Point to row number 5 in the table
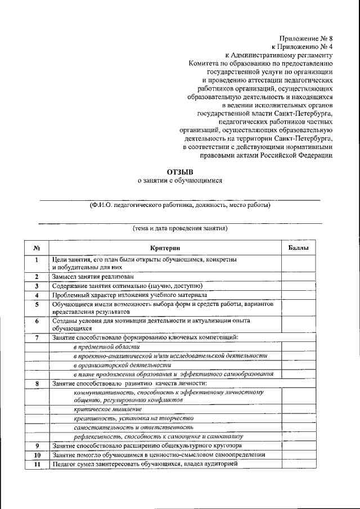click(x=36, y=304)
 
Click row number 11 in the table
click(x=36, y=464)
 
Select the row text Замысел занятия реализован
click(x=93, y=277)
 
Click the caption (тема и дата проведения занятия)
click(x=180, y=229)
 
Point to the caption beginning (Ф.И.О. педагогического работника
click(x=180, y=205)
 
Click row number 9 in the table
click(x=36, y=445)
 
